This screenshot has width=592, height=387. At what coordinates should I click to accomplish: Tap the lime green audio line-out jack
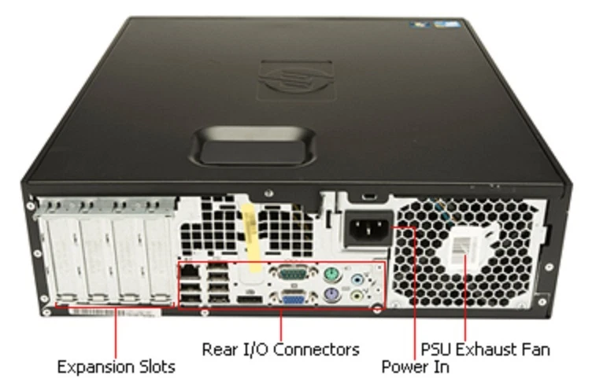(360, 297)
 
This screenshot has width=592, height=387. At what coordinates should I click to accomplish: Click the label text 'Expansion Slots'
(116, 367)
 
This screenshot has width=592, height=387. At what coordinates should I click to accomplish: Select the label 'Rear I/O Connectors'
(280, 348)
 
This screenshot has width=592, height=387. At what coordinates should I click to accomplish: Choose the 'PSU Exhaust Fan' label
(485, 348)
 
